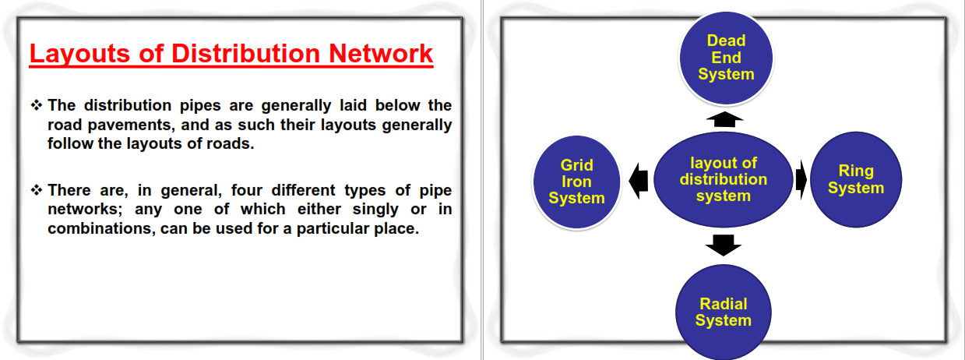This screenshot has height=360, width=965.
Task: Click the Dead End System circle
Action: pos(726,58)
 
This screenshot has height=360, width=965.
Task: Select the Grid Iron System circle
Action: pos(576,182)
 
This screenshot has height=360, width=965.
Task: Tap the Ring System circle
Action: pos(856,179)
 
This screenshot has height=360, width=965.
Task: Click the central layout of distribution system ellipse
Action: pos(724,179)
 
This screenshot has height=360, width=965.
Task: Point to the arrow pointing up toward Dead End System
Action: pos(724,119)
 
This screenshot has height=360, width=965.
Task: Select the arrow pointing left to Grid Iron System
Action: pos(639,181)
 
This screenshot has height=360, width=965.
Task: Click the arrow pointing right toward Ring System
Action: pos(801,180)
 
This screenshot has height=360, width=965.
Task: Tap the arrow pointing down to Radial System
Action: pos(724,245)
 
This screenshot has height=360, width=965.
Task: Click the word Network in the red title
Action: pos(380,54)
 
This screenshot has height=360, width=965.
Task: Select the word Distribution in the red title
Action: pos(245,54)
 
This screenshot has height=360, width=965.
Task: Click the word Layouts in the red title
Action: pos(79,55)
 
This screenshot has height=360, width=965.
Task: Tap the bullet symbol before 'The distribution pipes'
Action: pos(37,104)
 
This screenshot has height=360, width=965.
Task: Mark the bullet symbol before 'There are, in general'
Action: pos(37,189)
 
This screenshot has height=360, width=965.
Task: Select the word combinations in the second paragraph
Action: pos(101,228)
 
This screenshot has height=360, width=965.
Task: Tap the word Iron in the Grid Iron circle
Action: pos(576,182)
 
